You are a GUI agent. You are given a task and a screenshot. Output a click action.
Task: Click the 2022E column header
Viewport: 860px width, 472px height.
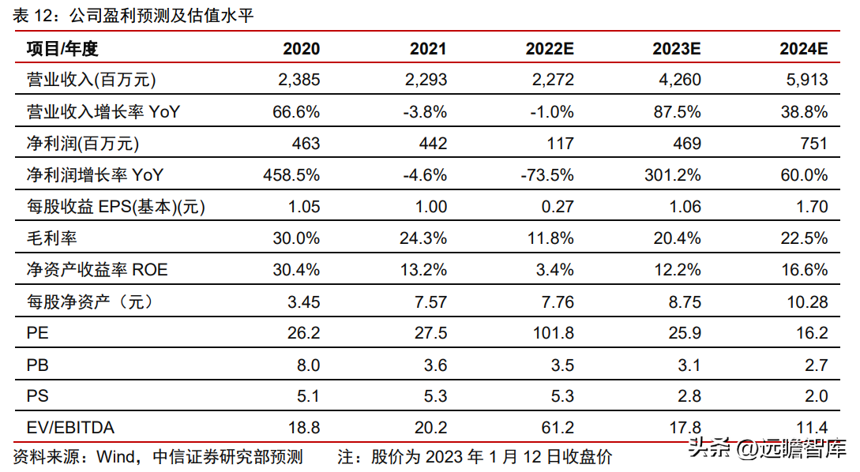click(550, 49)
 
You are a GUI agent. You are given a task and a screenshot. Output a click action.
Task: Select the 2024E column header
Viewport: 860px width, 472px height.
click(803, 49)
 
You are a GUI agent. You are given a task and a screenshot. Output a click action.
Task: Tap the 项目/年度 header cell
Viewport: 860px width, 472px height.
click(62, 49)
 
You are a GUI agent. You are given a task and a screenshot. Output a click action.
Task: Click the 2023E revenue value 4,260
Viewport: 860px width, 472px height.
click(680, 80)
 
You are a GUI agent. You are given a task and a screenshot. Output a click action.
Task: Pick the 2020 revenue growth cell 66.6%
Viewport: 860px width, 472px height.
click(296, 112)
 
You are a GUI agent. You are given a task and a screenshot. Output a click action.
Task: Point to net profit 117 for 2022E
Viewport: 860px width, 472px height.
click(560, 144)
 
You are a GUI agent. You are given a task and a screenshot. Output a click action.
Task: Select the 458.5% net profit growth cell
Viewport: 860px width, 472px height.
click(291, 175)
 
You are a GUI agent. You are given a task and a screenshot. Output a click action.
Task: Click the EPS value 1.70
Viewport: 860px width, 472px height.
click(813, 207)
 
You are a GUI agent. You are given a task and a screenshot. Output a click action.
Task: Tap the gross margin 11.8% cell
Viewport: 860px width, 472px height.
click(550, 238)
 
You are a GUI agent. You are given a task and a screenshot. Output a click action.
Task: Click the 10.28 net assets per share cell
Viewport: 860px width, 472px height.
click(807, 302)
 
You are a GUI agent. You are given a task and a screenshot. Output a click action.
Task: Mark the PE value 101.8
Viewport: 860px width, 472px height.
click(554, 333)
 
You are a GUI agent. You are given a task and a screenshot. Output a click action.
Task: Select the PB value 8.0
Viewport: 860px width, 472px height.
click(308, 365)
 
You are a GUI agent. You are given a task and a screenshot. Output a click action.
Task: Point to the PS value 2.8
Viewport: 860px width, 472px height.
click(689, 395)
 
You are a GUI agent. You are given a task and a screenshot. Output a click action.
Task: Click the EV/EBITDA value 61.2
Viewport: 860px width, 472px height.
click(558, 428)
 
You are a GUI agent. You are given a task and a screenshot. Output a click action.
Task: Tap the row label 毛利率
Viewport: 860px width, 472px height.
click(51, 238)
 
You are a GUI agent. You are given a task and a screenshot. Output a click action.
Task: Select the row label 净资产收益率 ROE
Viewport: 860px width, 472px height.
click(97, 270)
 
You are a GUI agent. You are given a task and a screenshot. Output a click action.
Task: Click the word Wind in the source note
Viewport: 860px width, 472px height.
click(115, 457)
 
